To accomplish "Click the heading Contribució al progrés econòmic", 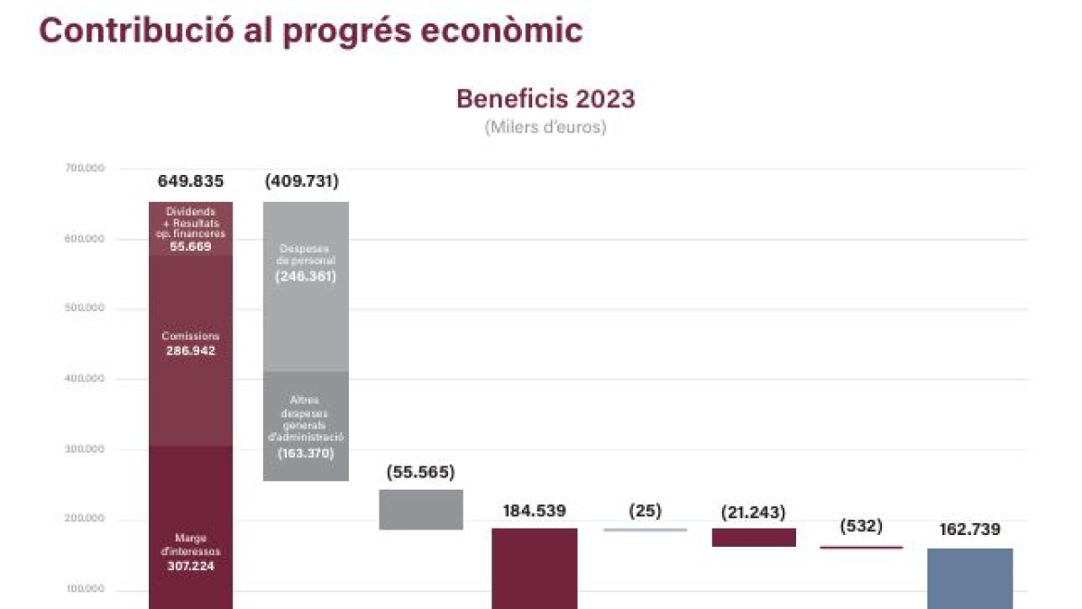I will coord(311,31).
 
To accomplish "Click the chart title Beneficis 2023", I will coord(546,98).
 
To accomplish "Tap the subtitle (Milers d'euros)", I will coord(546,127).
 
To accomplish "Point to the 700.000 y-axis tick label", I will coord(85,169).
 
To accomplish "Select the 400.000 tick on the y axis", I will coord(85,379).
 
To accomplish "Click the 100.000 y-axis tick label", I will coord(85,589).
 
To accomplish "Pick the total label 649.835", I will coord(190,181).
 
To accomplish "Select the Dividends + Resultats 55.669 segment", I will coord(190,228).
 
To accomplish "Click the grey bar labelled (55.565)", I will coord(421,510).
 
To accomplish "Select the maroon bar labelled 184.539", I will coord(535,568).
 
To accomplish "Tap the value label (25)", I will coord(645,511).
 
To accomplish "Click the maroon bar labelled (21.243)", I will coord(754,537).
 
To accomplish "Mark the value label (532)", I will coord(861,526).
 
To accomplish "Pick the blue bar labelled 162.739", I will coord(969,577).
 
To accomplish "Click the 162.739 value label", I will coord(969,530).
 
